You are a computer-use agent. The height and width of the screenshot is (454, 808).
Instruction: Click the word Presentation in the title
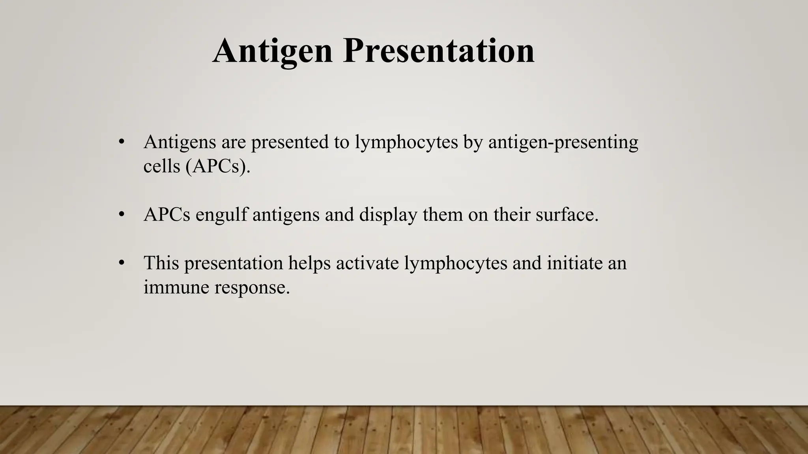[x=439, y=51]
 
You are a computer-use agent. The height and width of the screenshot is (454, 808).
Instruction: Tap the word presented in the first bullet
[x=290, y=142]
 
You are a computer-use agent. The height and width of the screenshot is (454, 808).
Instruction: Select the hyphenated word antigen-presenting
[x=563, y=142]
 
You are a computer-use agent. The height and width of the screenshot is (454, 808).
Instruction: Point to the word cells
[x=161, y=166]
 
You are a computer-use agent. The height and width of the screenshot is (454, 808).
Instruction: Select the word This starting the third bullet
[x=161, y=263]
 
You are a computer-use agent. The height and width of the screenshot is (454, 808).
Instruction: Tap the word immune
[x=176, y=287]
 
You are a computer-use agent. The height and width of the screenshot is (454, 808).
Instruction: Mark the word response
[x=252, y=287]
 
